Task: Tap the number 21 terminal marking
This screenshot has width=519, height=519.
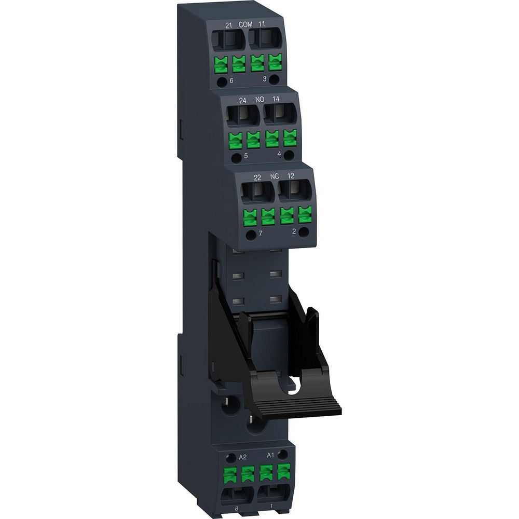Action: point(227,24)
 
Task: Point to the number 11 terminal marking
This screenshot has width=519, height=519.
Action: point(261,24)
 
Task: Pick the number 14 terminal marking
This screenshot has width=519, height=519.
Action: point(276,99)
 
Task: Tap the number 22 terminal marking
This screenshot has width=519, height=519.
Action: point(257,176)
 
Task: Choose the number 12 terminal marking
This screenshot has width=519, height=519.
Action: point(291,176)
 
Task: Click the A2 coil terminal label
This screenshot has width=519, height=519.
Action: point(242,457)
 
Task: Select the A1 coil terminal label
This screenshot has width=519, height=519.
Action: point(270,455)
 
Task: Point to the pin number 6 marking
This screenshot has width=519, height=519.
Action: point(231,80)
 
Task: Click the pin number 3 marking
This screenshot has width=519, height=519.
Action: point(264,79)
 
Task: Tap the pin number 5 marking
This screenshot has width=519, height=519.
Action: point(246,155)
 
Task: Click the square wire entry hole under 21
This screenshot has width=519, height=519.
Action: point(228,38)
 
